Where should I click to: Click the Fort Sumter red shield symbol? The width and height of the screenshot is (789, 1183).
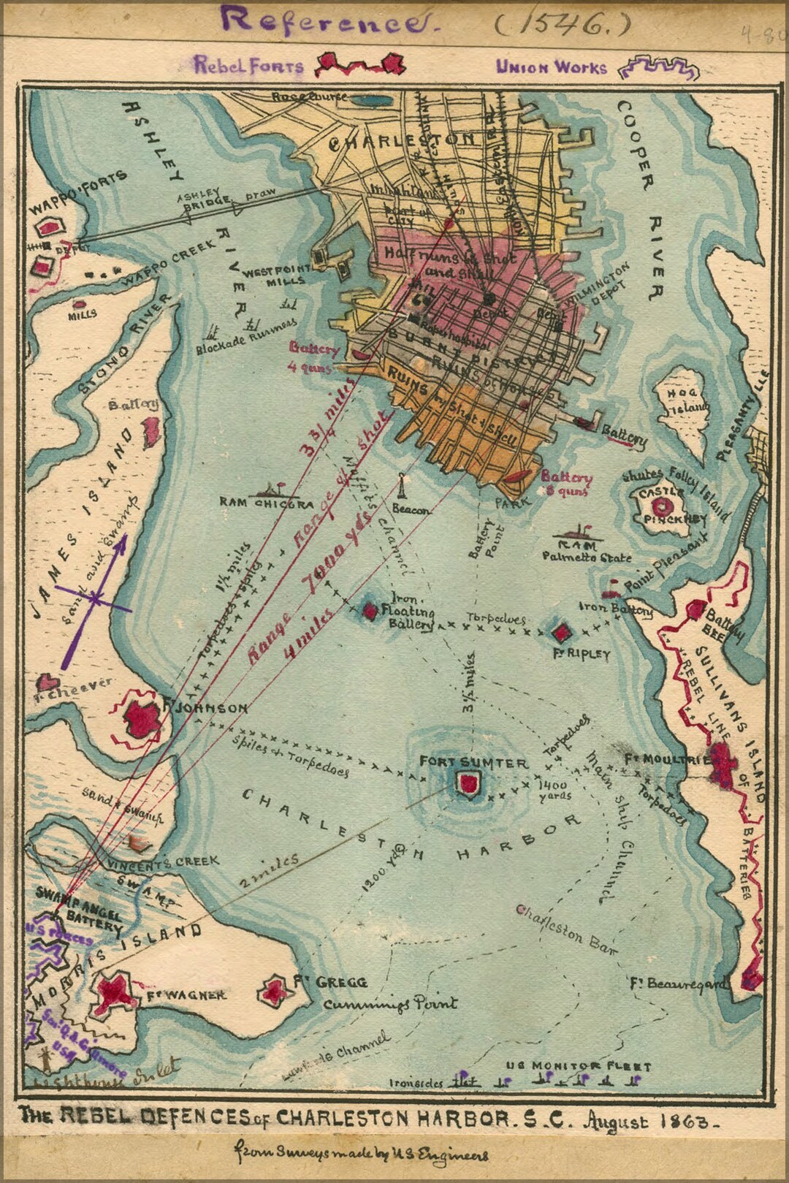(x=468, y=784)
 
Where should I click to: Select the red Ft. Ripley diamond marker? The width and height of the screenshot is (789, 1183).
(x=562, y=632)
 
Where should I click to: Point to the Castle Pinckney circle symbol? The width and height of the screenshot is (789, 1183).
(x=663, y=505)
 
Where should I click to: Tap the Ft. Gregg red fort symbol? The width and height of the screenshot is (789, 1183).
(x=275, y=991)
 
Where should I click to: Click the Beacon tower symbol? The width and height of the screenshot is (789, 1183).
(x=402, y=487)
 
